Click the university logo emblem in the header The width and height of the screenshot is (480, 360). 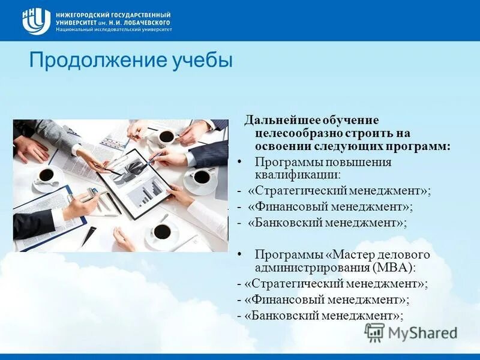click(x=35, y=21)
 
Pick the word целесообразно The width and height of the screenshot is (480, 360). click(x=291, y=133)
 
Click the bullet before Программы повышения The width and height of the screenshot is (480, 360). click(x=240, y=162)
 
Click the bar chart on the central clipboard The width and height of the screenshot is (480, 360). click(x=150, y=192)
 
